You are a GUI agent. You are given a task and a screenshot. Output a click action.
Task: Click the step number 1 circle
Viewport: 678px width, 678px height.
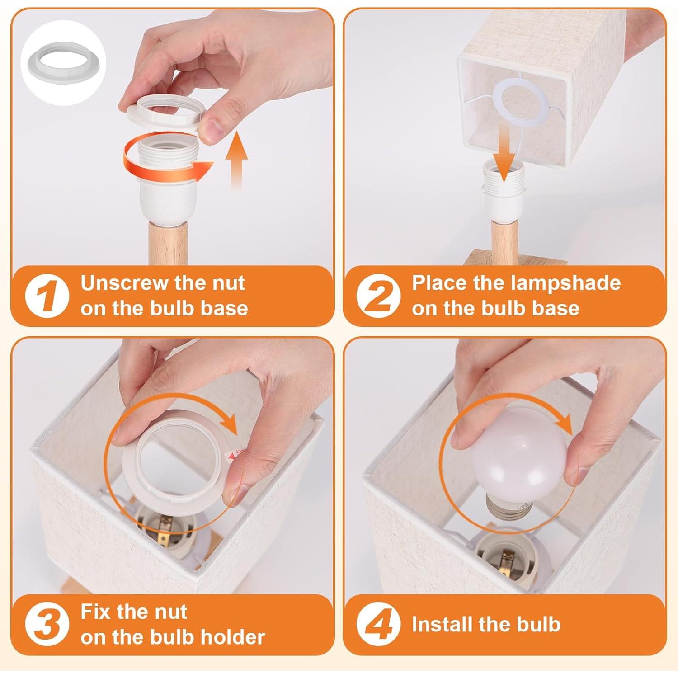click(47, 296)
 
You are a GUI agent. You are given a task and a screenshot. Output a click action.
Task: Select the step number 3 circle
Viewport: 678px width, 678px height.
click(47, 625)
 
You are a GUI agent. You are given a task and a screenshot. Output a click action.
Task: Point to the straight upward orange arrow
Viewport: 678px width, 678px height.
click(236, 158)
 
